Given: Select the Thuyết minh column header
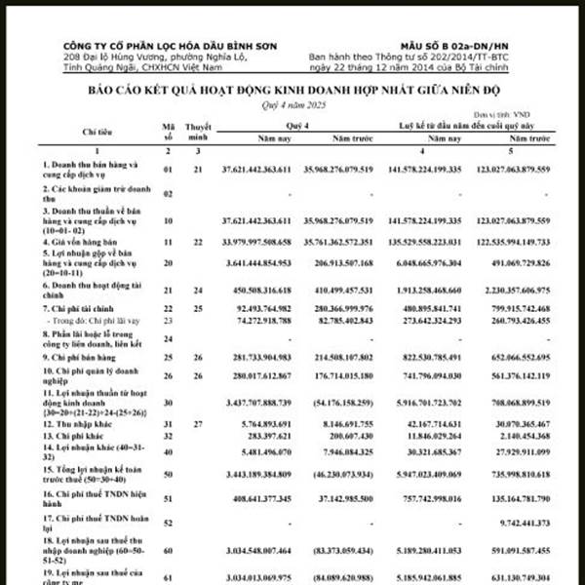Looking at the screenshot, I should (198, 129).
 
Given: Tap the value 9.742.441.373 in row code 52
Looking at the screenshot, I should (531, 523).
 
